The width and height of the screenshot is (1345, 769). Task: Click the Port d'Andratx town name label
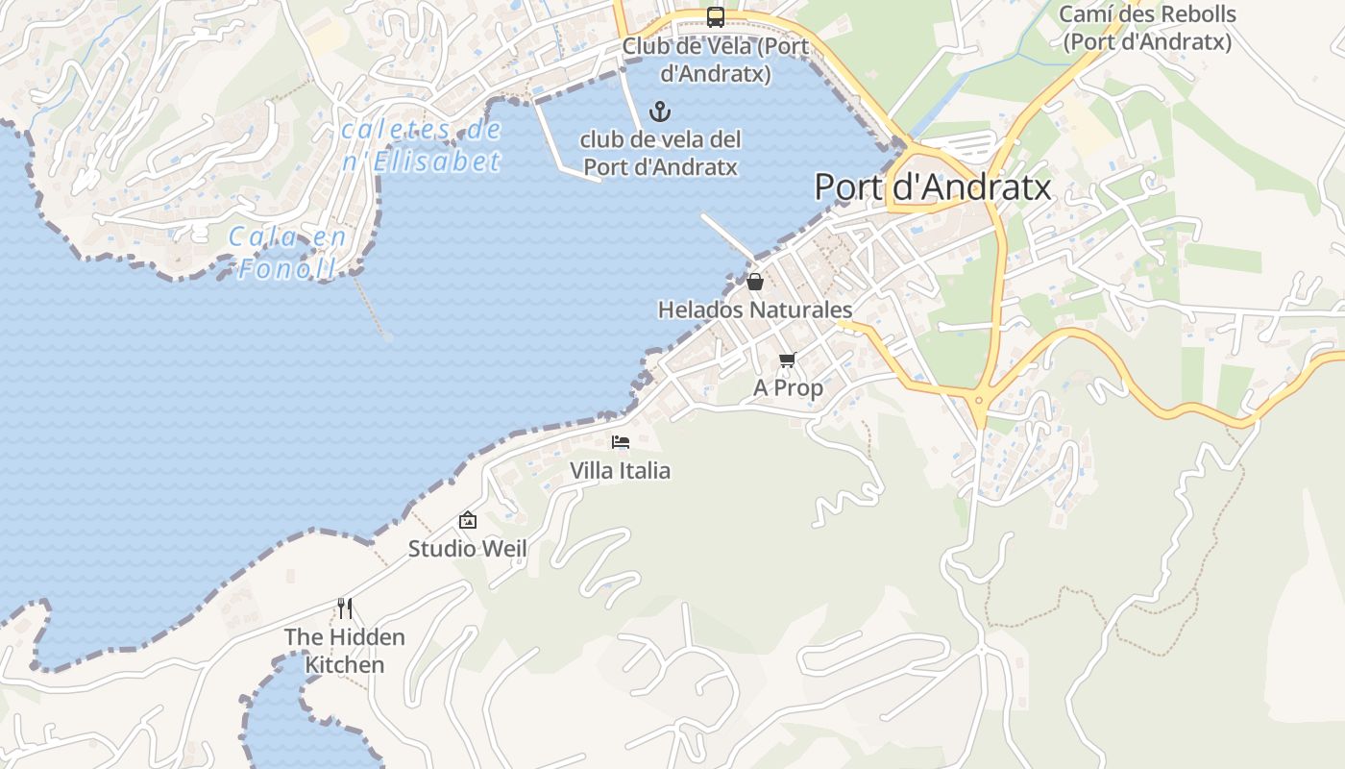(933, 186)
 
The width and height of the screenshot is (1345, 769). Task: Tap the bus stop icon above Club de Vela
(716, 16)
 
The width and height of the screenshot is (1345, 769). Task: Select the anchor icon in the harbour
(659, 112)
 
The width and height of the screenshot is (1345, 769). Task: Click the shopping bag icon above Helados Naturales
(755, 282)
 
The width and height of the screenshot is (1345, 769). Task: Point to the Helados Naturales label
(755, 310)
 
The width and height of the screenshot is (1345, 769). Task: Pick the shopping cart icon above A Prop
(788, 360)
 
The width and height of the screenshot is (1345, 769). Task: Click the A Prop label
(788, 387)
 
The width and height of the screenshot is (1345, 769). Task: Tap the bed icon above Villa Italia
(621, 442)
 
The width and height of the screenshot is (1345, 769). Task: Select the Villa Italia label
(621, 470)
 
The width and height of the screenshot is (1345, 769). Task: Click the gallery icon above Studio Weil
(468, 520)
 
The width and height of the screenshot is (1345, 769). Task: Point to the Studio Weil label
(468, 548)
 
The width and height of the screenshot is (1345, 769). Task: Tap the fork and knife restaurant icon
(345, 608)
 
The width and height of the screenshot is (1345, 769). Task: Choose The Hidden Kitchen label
(345, 650)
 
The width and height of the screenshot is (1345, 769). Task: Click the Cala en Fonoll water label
(287, 253)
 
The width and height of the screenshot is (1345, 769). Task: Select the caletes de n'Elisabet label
(422, 145)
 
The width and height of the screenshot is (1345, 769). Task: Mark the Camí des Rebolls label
(1147, 28)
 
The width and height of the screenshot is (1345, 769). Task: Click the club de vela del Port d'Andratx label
(661, 153)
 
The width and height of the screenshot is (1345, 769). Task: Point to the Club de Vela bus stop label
(716, 60)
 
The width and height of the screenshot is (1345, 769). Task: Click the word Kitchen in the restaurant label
(345, 664)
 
